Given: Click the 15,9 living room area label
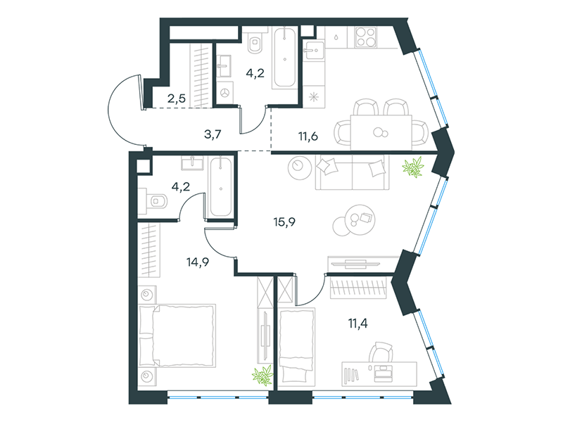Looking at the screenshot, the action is point(284,222).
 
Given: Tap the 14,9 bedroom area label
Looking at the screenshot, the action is point(198,262).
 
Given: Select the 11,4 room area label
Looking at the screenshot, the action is point(358,324).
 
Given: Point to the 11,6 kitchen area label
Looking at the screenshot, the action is point(308,136).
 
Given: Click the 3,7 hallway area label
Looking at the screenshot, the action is point(213,134).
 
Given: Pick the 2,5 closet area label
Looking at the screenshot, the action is point(177,98).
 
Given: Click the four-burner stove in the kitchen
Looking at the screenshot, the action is point(366,37).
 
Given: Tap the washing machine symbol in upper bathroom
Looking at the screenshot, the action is point(225,92).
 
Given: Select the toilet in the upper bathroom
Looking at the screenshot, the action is point(255,42).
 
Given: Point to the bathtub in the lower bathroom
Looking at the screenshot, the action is point(221,187).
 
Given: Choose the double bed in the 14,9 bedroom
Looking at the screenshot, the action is point(177,336).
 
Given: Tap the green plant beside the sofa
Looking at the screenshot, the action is point(413,167).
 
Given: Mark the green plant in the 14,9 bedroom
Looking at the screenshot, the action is point(262,376).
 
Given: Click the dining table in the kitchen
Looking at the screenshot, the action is point(381,132).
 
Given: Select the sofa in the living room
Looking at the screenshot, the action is point(353,172).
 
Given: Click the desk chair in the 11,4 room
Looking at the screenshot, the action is point(381,352).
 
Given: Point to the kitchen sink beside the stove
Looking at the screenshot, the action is point(314,50).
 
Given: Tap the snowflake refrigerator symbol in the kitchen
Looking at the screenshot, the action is point(314,97).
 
